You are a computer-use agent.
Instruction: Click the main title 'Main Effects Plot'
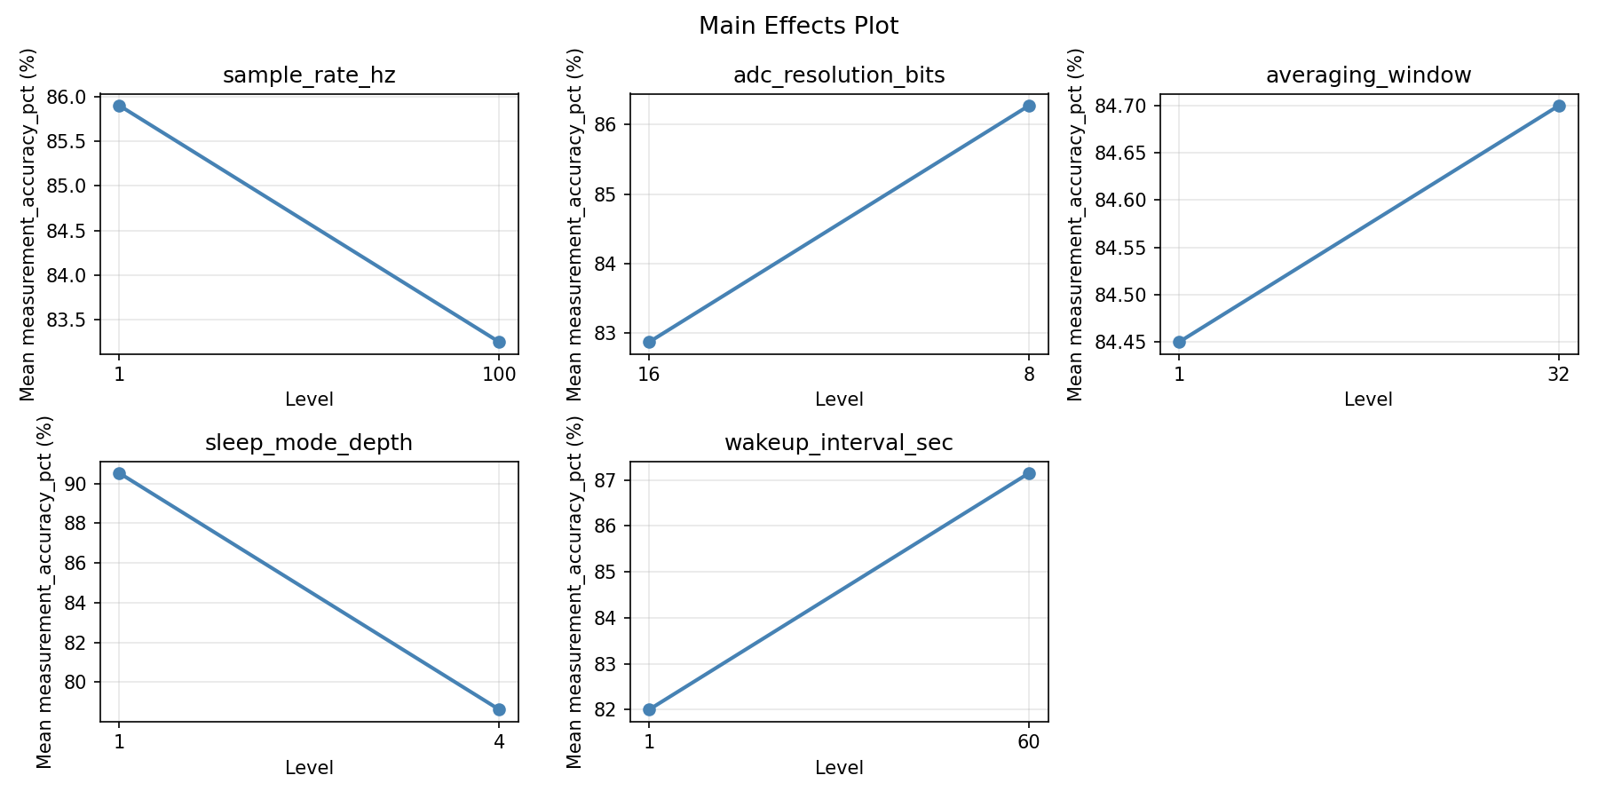click(x=798, y=26)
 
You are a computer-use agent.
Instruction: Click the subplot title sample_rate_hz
click(x=309, y=75)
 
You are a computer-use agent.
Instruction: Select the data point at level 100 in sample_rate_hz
click(x=499, y=342)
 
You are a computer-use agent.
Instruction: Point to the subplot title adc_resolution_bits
click(x=839, y=75)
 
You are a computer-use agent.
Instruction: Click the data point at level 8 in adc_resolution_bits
click(x=1029, y=106)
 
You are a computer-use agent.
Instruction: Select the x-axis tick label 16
click(x=649, y=374)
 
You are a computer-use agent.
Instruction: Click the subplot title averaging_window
click(x=1368, y=75)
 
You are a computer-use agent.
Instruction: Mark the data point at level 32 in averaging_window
click(x=1558, y=106)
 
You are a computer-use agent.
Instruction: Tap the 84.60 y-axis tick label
click(x=1119, y=201)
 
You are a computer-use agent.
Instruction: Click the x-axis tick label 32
click(x=1558, y=374)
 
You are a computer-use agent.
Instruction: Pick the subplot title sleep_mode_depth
click(x=309, y=443)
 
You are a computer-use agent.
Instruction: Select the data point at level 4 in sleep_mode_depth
click(x=499, y=709)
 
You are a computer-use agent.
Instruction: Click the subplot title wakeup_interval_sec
click(x=839, y=443)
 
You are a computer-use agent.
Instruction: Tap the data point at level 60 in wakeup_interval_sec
click(x=1029, y=473)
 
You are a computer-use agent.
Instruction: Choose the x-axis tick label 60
click(x=1029, y=741)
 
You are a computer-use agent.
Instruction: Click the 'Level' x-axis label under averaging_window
click(x=1368, y=399)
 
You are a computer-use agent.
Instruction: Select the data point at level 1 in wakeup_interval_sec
click(x=649, y=709)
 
